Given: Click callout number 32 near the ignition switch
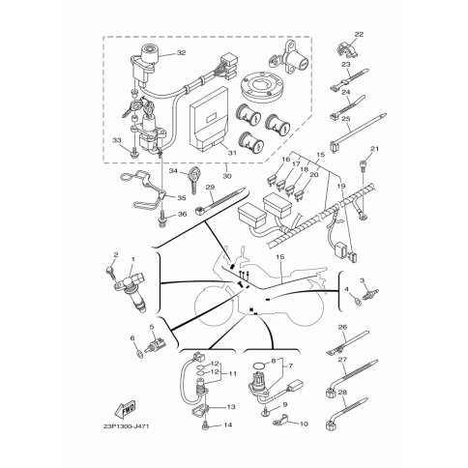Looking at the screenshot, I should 181,53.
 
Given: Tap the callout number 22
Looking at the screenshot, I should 360,34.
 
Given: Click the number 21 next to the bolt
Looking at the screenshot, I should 377,148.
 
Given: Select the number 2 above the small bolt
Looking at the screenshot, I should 115,254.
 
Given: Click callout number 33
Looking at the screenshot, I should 117,141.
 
